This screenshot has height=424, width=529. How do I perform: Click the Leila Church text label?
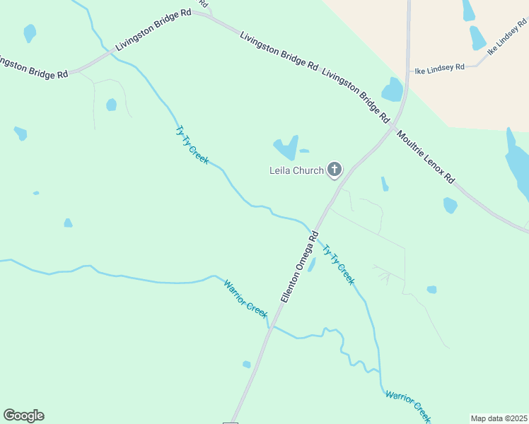296,170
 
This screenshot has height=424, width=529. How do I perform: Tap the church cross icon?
335,170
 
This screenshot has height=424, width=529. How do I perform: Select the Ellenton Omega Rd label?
301,266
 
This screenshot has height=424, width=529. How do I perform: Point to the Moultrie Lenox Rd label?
426,158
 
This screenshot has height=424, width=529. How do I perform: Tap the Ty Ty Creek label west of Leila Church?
192,145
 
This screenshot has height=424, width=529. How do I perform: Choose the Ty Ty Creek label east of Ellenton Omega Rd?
338,264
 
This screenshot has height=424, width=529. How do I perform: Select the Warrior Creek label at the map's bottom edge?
408,404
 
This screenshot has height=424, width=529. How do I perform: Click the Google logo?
23,416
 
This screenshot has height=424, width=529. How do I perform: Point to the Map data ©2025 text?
499,418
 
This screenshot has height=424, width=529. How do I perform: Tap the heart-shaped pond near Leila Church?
286,148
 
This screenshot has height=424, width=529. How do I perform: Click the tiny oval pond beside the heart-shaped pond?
304,151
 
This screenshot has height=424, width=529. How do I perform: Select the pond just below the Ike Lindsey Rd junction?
393,90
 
